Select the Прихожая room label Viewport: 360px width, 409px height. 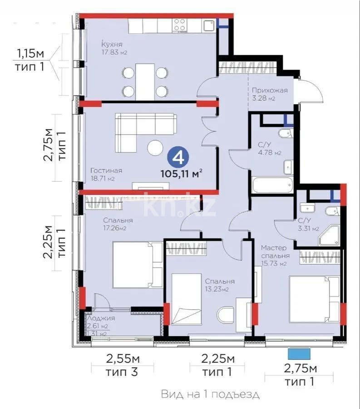click(x=270, y=90)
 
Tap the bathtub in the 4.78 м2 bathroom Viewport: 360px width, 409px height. click(x=272, y=185)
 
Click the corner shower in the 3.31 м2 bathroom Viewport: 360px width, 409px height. click(x=328, y=236)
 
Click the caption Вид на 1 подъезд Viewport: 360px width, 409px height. click(x=210, y=394)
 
